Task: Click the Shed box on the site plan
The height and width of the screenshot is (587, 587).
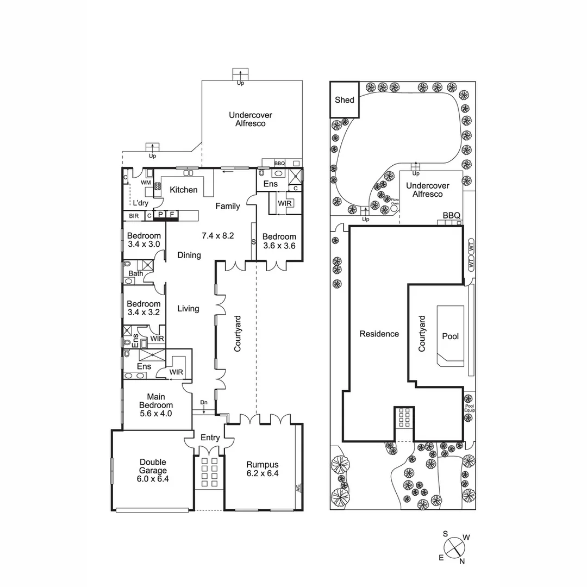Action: click(345, 99)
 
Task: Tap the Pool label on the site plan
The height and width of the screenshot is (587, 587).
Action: click(450, 336)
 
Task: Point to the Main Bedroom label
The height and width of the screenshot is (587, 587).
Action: click(155, 405)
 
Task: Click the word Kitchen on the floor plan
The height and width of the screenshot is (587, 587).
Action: click(184, 190)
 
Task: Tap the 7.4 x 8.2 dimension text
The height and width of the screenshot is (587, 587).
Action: click(217, 236)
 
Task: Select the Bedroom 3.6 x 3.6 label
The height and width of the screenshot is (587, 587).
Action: click(279, 241)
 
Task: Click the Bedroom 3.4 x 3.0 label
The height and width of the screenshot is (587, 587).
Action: click(143, 240)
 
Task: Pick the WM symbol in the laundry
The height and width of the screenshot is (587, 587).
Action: click(146, 183)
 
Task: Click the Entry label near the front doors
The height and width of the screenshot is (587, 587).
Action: click(210, 438)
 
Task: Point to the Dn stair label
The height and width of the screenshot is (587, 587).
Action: click(204, 402)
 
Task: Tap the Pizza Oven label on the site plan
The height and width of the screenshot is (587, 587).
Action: click(395, 202)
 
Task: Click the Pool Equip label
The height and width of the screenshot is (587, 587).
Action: click(470, 408)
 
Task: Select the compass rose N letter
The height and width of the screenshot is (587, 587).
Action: click(462, 561)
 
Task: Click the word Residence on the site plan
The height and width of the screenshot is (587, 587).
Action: click(379, 334)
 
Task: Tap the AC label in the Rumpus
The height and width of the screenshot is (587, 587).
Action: click(298, 488)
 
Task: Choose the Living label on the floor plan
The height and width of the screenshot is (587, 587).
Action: click(188, 308)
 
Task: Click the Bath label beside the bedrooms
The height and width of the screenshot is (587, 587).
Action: click(136, 273)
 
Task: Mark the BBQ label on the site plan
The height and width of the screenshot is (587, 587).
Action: click(451, 215)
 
